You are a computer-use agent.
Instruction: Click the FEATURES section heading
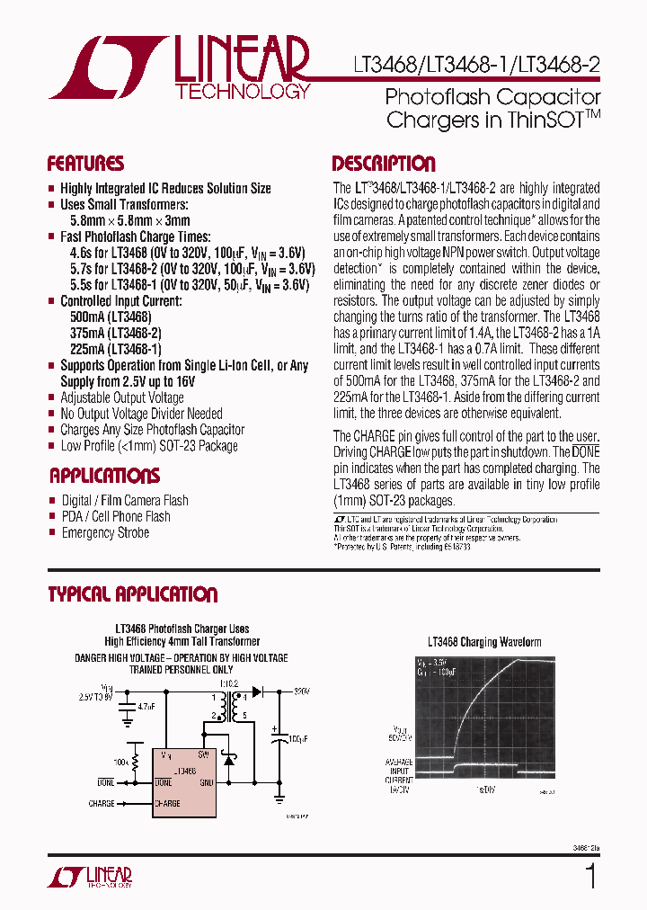coord(85,164)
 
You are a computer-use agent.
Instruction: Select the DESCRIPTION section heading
coord(384,164)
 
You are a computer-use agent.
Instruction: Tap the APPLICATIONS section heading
coord(104,476)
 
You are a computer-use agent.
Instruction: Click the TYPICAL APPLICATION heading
coord(132,594)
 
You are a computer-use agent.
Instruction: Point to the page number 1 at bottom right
coord(590,876)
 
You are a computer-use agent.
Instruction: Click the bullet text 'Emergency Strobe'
coord(105,532)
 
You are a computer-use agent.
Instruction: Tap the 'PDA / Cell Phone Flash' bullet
coord(115,516)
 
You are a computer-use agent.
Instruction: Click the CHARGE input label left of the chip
coord(102,803)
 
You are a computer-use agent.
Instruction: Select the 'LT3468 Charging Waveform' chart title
coord(484,642)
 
